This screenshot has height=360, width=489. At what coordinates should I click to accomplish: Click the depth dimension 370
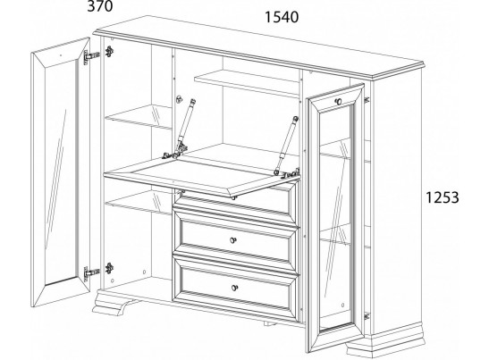coord(100,6)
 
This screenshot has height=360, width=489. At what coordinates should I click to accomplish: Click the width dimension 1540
coord(282,17)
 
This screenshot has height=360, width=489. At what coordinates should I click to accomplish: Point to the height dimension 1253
coord(443,197)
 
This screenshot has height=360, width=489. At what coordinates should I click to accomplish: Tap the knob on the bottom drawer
coord(234,288)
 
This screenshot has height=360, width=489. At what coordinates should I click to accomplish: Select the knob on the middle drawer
coord(233,240)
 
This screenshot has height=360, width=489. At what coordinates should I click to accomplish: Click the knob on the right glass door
coord(339,101)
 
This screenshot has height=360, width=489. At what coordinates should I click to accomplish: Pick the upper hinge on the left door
coord(91,57)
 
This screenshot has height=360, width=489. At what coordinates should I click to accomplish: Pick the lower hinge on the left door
coord(91,273)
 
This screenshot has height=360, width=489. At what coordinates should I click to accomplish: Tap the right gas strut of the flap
coord(286,144)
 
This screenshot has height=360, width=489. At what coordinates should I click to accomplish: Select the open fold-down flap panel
coord(202,175)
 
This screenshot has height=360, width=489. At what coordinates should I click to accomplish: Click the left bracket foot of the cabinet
coord(113,303)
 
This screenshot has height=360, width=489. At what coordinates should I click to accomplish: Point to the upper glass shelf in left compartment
coord(139,116)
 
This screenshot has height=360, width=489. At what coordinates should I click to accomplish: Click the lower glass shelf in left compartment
coord(139,203)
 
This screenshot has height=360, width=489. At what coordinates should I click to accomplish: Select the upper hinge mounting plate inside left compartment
coord(109,52)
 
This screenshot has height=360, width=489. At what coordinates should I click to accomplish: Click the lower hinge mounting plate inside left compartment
coord(109,268)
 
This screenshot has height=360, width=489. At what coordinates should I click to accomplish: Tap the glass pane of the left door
coord(61,172)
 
